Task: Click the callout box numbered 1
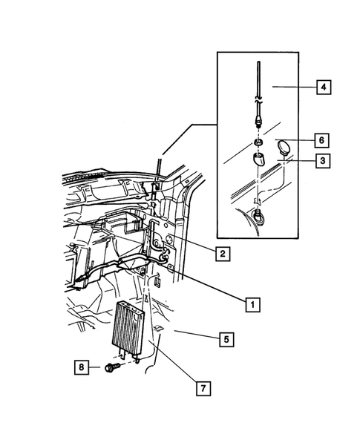point(252,304)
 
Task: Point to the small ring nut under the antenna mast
point(257,141)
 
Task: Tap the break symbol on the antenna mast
point(257,96)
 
